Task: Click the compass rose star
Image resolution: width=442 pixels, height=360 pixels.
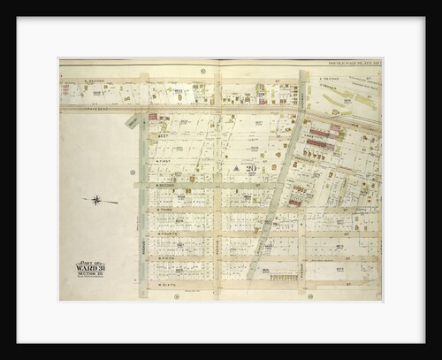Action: pos(96,200)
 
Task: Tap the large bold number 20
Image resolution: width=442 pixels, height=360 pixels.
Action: pos(251,167)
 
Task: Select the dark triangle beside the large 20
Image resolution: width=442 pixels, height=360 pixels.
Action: pos(238,167)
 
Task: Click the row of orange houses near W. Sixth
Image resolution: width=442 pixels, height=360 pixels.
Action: pos(285,276)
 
